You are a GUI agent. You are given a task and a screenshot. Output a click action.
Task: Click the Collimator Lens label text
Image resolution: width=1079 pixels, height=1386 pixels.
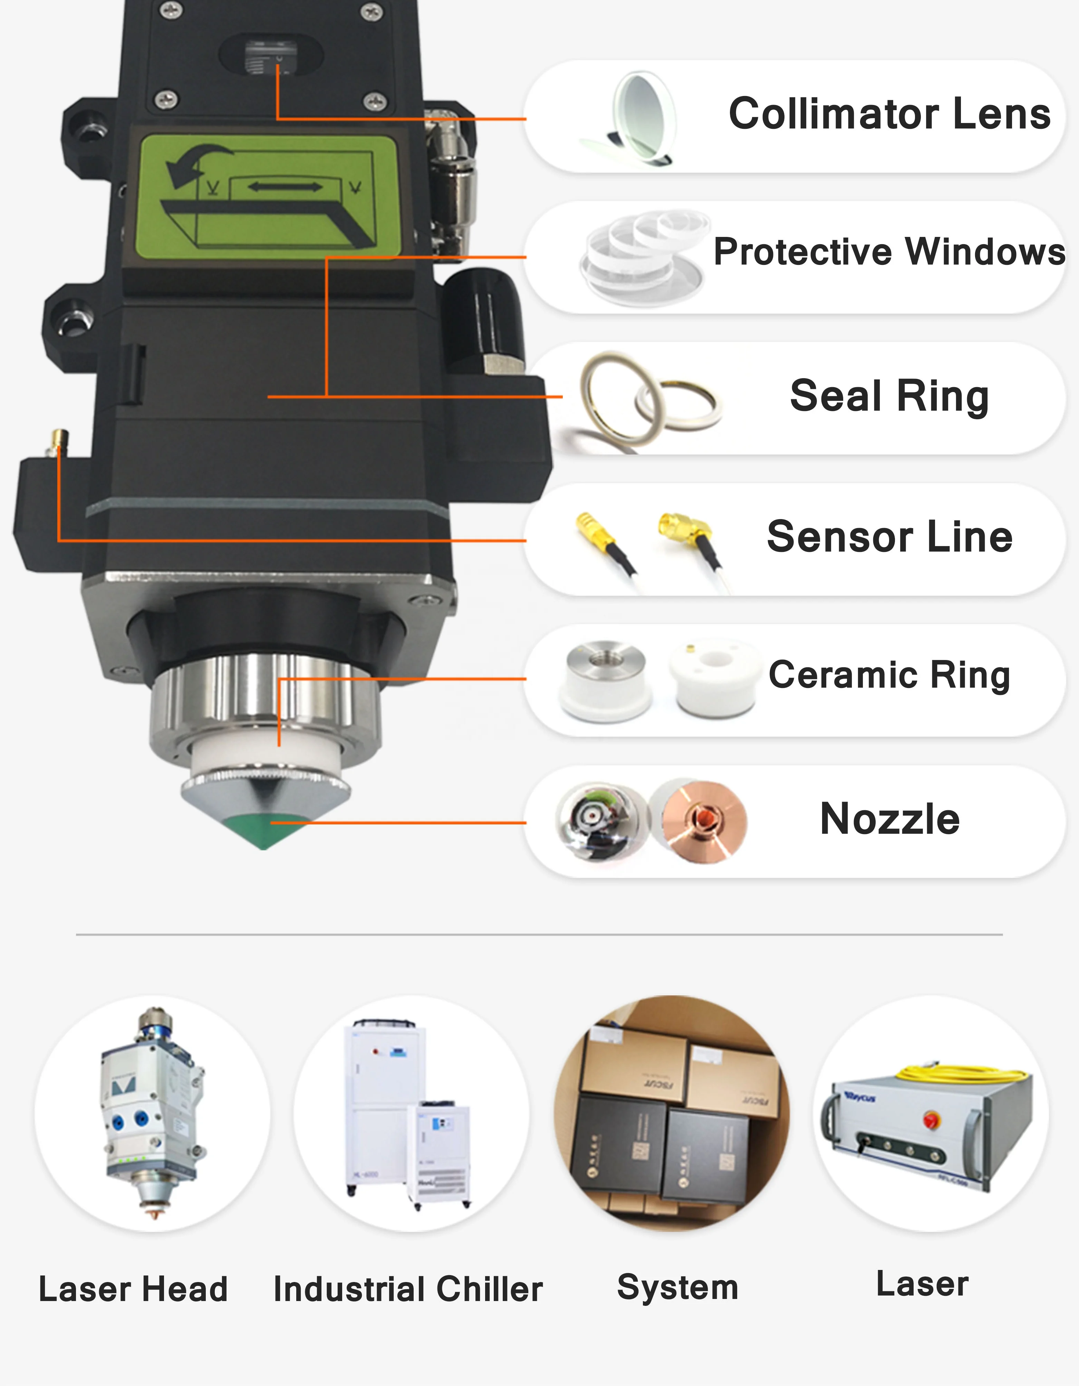(889, 114)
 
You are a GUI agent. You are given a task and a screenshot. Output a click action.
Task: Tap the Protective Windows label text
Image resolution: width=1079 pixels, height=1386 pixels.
(889, 252)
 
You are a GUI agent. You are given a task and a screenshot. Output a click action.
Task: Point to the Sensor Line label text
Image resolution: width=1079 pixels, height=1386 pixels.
(889, 537)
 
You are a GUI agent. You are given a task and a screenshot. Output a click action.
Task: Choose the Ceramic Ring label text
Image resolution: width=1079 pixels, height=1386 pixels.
(889, 675)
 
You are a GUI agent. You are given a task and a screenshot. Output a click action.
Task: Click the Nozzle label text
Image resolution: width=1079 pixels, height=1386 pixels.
(889, 819)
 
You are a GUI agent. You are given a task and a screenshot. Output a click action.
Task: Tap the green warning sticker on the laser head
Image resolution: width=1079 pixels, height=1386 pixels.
(267, 193)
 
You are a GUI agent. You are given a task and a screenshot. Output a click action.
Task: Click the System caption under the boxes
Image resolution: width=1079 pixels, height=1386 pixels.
(677, 1287)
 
